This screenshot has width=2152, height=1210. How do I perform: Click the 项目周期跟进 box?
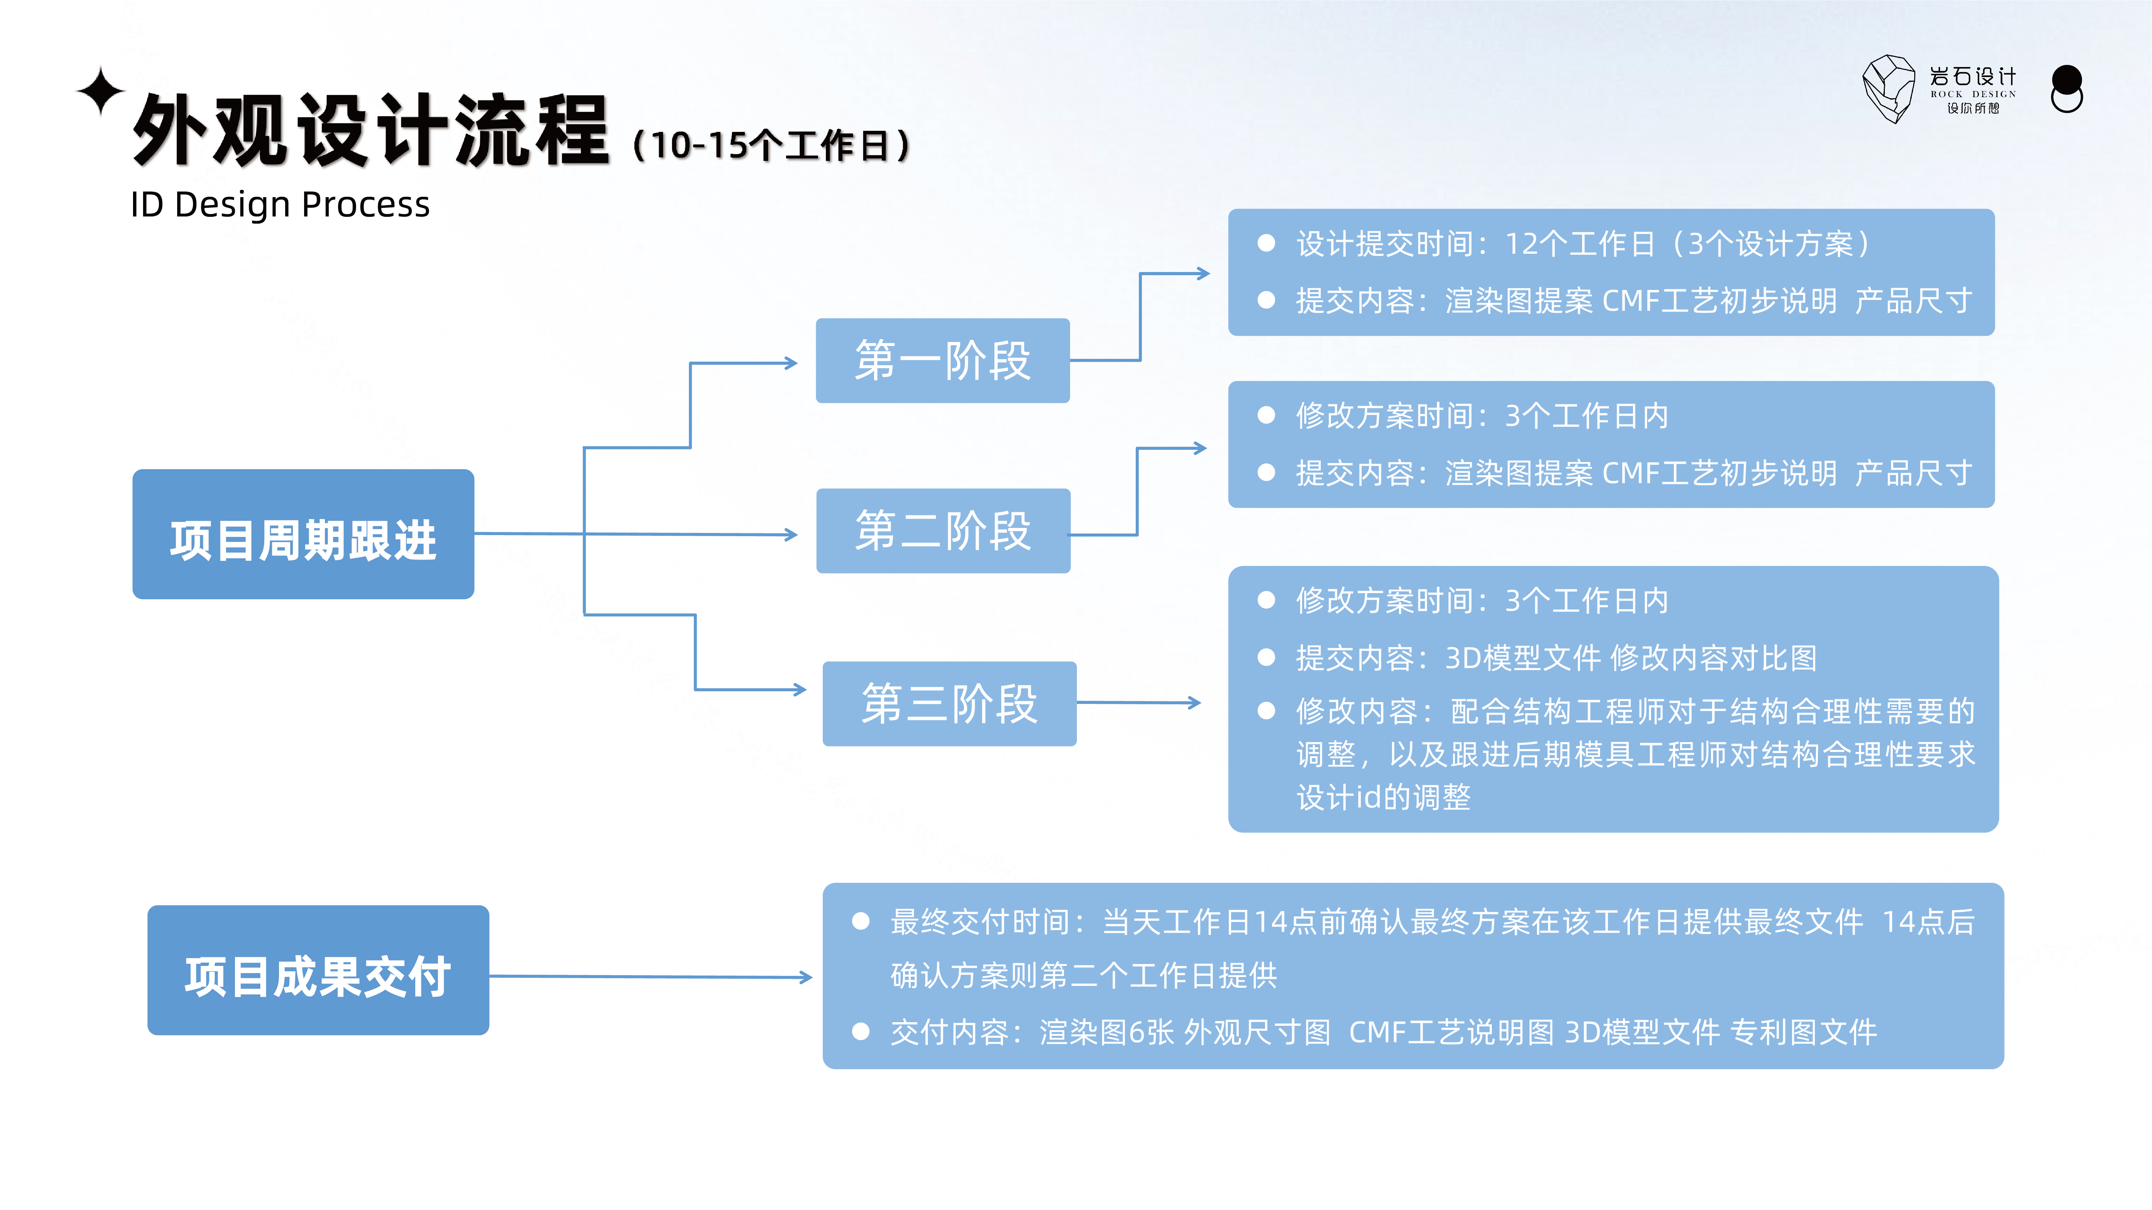[x=303, y=534]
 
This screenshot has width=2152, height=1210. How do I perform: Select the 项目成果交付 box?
[x=318, y=970]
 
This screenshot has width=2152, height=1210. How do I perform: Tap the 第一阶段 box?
[x=942, y=361]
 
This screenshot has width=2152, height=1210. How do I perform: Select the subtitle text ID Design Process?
[x=280, y=205]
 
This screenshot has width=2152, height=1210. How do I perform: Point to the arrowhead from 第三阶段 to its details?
[x=1195, y=703]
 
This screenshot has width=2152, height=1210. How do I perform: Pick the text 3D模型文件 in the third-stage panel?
[x=1522, y=658]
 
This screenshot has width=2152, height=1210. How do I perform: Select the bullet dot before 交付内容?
[x=860, y=1032]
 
